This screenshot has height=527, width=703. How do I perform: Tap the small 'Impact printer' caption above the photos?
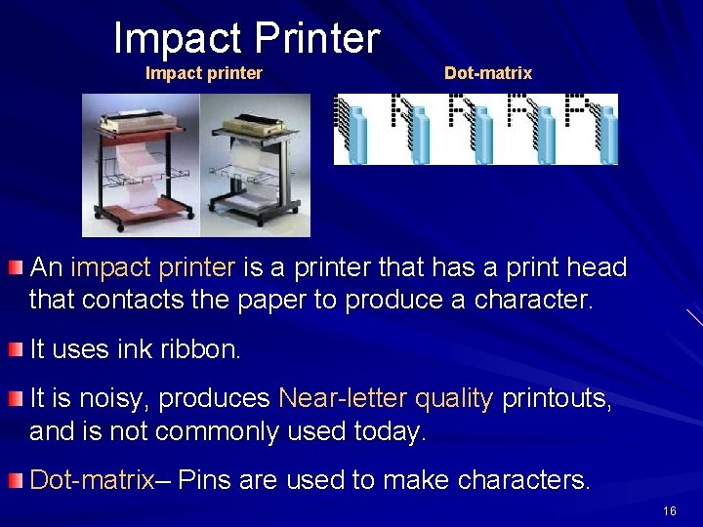[x=203, y=73]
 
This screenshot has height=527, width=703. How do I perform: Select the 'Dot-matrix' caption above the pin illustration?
[x=488, y=73]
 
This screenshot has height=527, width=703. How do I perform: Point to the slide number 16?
[x=669, y=511]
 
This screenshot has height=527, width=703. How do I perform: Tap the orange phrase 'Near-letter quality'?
[x=386, y=398]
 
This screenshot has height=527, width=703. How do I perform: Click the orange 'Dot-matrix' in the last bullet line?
[x=92, y=480]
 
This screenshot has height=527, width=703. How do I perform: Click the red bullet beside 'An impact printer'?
[x=15, y=267]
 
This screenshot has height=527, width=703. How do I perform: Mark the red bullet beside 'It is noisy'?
[x=15, y=398]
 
